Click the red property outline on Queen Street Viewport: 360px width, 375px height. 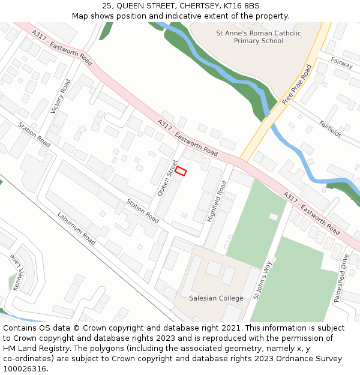(x=181, y=171)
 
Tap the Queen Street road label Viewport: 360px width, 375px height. (x=168, y=178)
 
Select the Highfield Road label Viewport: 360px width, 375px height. (x=217, y=202)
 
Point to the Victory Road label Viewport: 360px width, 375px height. (x=61, y=97)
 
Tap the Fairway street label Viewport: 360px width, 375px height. (x=341, y=62)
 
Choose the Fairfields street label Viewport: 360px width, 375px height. (x=331, y=130)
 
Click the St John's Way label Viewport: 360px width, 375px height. (x=262, y=280)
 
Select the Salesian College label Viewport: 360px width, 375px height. (x=216, y=298)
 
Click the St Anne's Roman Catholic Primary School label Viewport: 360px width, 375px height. (x=258, y=37)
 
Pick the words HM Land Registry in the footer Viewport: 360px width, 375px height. (x=29, y=349)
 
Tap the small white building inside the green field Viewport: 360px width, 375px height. (x=274, y=217)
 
